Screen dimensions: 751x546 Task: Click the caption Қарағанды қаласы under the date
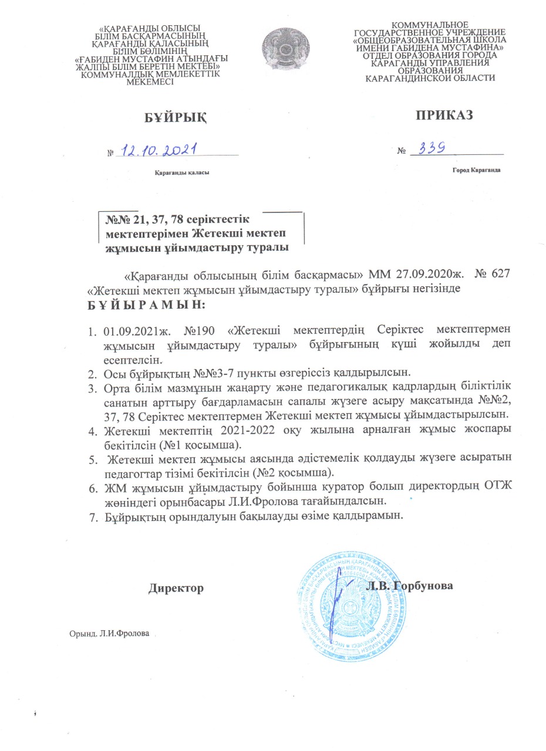pos(181,172)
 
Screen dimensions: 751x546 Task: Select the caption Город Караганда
pos(476,170)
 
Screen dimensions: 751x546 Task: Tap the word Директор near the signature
pos(176,587)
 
